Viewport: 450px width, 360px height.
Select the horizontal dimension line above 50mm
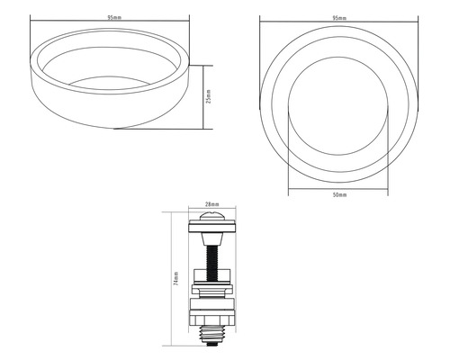pos(338,190)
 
